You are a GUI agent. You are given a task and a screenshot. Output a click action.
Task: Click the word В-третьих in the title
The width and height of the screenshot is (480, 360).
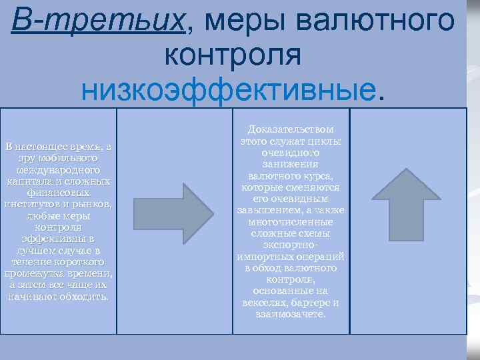98,22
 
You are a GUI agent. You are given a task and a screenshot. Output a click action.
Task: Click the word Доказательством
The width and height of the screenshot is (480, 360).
291,129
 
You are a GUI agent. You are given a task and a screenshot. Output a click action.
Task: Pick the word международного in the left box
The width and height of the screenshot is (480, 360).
58,170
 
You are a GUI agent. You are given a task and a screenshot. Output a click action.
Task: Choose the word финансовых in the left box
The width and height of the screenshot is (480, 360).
58,193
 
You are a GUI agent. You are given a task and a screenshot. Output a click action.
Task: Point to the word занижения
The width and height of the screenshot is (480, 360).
290,164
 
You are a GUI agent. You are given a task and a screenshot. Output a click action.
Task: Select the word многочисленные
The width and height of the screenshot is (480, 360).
291,221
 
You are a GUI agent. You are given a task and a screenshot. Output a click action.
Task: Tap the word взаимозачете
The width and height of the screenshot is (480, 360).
291,313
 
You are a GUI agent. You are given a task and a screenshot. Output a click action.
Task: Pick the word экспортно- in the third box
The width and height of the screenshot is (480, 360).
291,245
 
